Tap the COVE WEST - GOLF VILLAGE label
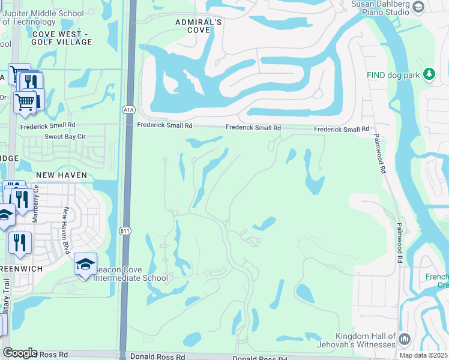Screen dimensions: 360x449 62,38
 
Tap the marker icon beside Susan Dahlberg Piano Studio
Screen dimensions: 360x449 419,7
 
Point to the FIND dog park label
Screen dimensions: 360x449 393,75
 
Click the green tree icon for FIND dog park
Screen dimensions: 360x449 429,74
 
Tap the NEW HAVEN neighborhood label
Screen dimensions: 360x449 62,175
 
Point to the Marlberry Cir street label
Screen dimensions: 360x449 35,204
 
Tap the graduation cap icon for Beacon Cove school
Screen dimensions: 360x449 85,264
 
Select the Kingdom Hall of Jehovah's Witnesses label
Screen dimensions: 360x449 365,340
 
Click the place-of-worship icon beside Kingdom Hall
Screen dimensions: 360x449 404,340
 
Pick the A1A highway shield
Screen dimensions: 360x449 128,110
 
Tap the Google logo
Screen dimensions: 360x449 20,353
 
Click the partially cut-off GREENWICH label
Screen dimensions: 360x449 22,269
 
